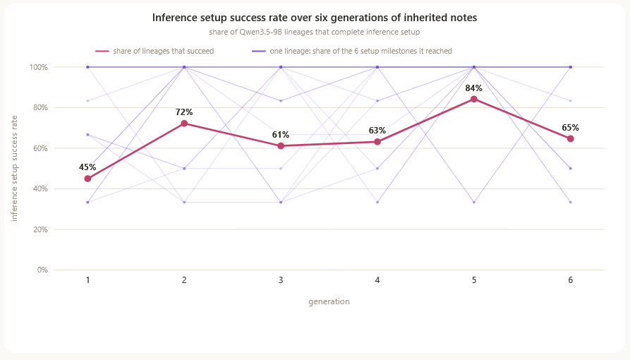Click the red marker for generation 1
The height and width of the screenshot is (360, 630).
[x=87, y=179]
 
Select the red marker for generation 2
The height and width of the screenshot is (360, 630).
[x=184, y=124]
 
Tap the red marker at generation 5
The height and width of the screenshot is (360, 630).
[x=473, y=100]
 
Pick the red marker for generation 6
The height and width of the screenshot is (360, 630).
[x=570, y=139]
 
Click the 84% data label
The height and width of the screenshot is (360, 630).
[x=473, y=88]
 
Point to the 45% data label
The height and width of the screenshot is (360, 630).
[x=87, y=167]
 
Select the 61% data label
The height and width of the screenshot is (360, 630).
[x=281, y=135]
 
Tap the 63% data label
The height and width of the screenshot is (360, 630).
[x=377, y=131]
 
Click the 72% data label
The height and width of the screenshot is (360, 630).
[x=184, y=112]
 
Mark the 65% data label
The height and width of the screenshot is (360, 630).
[x=570, y=128]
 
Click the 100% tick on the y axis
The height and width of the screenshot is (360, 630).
[x=39, y=67]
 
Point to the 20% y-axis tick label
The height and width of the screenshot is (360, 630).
[x=40, y=229]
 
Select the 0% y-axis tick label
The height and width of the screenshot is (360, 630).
[x=42, y=270]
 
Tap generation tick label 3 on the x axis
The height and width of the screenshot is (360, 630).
[x=281, y=280]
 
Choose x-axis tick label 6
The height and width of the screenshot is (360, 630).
[x=570, y=280]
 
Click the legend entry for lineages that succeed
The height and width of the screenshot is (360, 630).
[x=155, y=51]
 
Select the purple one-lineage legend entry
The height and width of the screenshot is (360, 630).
[x=352, y=51]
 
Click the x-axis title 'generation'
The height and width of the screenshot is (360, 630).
[x=329, y=301]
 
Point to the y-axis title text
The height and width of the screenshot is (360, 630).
[x=15, y=169]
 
